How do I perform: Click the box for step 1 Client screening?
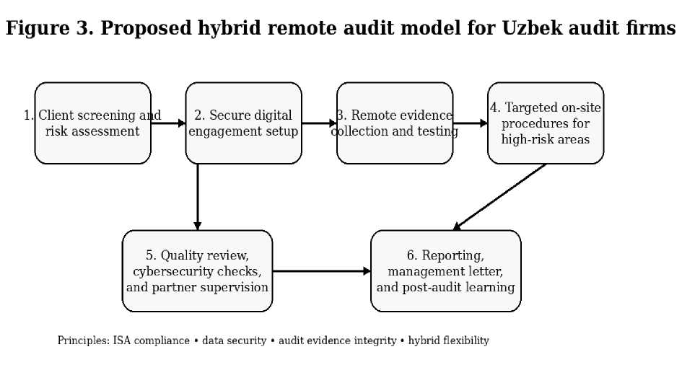(92, 123)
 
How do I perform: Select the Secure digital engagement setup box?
(244, 123)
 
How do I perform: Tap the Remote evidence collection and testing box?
(395, 123)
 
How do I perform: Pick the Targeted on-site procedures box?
(546, 123)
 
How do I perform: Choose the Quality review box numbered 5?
(198, 270)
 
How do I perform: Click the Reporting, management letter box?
(446, 270)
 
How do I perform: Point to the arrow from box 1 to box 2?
(168, 123)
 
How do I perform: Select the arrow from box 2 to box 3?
(319, 123)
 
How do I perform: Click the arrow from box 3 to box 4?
(470, 123)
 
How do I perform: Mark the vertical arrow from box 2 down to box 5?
(198, 197)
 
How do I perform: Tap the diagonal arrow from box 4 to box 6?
(499, 197)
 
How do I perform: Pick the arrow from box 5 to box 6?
(321, 271)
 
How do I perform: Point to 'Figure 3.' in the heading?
(50, 28)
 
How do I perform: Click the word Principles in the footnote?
(84, 340)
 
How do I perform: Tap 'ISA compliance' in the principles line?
(152, 340)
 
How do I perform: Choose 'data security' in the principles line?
(234, 340)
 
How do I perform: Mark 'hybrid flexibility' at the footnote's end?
(448, 340)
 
